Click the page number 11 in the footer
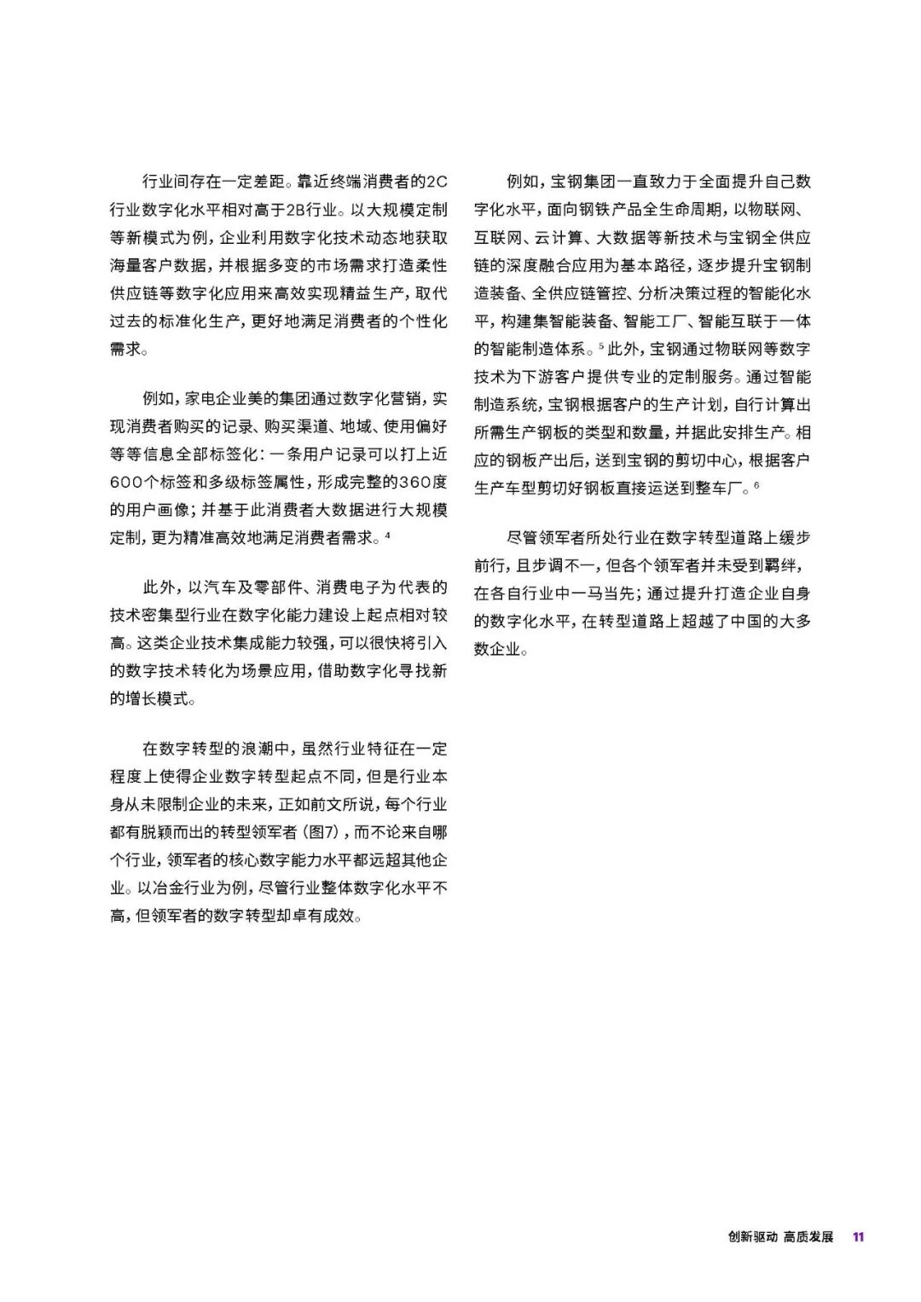858,1237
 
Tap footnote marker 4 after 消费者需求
388,535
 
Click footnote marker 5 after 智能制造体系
601,345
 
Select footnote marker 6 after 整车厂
756,485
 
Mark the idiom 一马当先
603,593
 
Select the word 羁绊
785,565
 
